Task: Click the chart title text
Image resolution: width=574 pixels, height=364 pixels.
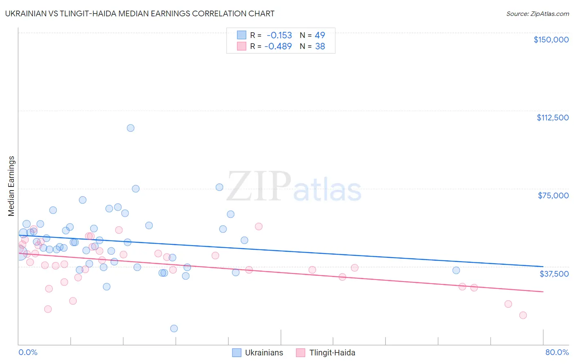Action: pos(140,13)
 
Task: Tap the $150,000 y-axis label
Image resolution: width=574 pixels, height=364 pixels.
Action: pos(551,40)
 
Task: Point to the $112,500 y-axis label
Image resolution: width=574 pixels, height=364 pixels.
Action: pos(552,118)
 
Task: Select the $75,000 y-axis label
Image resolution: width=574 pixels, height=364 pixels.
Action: pos(553,195)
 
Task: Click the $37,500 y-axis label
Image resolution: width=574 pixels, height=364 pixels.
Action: pos(554,274)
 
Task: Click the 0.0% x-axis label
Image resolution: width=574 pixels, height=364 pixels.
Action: pos(28,353)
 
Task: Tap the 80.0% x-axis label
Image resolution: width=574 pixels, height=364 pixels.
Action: pos(557,353)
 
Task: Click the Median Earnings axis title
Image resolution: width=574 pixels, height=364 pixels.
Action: pos(11,186)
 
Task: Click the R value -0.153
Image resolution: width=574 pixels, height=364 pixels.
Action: pos(279,35)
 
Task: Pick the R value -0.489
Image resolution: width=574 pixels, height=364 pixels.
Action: pos(278,47)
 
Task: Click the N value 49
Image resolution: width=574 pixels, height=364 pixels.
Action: pos(320,35)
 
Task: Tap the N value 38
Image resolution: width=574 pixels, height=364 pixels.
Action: pos(320,47)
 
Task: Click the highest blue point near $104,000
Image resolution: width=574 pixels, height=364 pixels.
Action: pos(131,128)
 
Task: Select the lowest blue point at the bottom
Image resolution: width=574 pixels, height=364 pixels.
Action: pos(174,328)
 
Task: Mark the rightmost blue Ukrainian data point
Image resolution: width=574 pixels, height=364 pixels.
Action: pos(456,270)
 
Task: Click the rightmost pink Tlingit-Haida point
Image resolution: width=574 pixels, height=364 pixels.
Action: pos(523,315)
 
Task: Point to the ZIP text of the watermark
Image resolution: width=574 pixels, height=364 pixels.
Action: pos(258,186)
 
